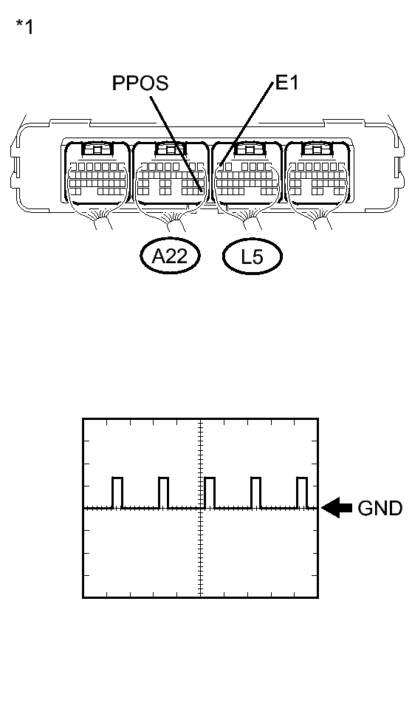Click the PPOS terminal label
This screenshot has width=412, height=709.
(140, 84)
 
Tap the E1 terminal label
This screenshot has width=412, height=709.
(286, 83)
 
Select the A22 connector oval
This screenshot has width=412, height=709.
(171, 257)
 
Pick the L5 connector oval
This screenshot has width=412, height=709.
(253, 257)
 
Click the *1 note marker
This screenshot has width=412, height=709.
(24, 28)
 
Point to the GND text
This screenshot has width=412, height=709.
(380, 509)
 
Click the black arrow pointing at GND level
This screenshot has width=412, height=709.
(337, 508)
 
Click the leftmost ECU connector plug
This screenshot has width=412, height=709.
(97, 174)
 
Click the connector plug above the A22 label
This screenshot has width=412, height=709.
(171, 174)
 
